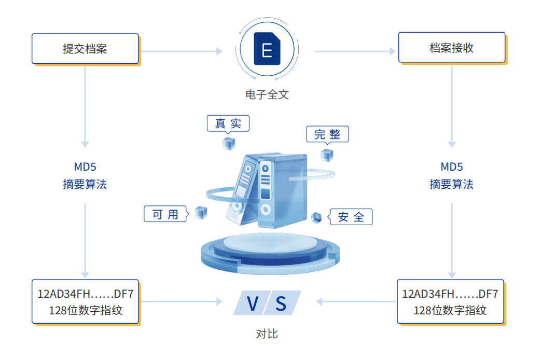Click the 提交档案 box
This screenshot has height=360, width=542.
click(x=85, y=49)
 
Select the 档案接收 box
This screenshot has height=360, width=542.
click(x=451, y=48)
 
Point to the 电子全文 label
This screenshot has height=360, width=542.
click(x=267, y=94)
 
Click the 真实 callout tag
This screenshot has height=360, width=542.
click(x=228, y=123)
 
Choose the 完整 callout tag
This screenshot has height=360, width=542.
click(x=327, y=134)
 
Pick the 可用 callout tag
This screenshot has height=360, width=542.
click(x=165, y=214)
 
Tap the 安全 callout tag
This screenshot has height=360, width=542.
click(x=351, y=217)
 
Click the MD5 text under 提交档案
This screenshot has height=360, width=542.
click(x=85, y=167)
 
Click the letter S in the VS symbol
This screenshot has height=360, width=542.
click(x=281, y=303)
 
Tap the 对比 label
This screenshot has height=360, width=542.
click(x=267, y=334)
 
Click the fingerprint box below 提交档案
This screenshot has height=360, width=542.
click(x=86, y=301)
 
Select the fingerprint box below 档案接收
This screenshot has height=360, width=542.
click(x=450, y=301)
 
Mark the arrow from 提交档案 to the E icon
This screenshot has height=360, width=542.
click(x=182, y=51)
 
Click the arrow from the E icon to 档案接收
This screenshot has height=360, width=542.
click(x=355, y=51)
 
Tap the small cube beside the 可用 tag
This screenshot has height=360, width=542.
click(x=201, y=212)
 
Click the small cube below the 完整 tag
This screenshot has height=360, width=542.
click(x=327, y=155)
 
